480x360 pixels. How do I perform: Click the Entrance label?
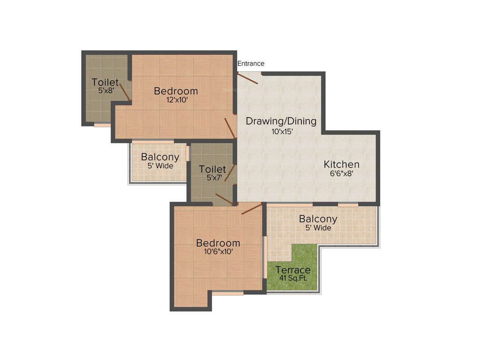tap(251, 63)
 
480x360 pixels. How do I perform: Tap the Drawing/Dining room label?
tap(281, 121)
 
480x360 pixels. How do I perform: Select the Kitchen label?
tap(342, 165)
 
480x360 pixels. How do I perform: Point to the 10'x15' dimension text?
tap(282, 132)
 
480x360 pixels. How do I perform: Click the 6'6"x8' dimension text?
tap(341, 173)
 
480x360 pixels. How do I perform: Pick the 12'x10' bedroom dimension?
tap(176, 100)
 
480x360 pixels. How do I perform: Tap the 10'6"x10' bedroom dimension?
tap(218, 251)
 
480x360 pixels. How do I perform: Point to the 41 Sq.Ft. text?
tap(293, 277)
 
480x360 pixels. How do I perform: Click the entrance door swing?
tap(248, 79)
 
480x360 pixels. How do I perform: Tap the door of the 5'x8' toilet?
tap(124, 90)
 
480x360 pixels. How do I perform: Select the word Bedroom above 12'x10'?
tap(176, 91)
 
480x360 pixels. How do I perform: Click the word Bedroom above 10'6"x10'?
tap(218, 243)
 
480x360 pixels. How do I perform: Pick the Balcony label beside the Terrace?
tap(318, 219)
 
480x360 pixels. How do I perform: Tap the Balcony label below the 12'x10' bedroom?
tap(160, 157)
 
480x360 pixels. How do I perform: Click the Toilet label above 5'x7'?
tap(212, 169)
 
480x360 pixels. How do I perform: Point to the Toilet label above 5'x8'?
tap(105, 82)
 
